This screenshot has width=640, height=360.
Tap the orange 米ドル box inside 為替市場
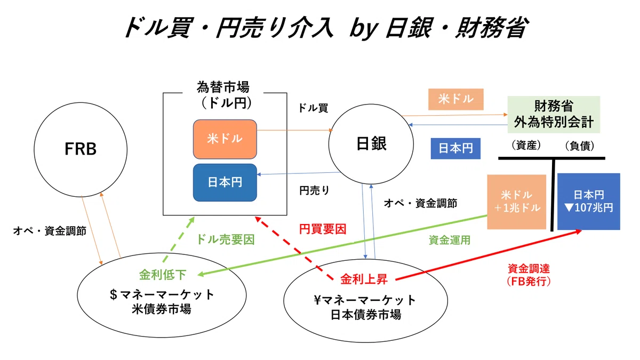pyautogui.click(x=225, y=139)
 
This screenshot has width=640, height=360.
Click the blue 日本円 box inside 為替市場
pyautogui.click(x=225, y=182)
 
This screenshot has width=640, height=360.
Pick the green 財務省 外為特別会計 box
pyautogui.click(x=554, y=114)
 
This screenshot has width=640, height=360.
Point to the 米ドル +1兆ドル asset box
pyautogui.click(x=517, y=202)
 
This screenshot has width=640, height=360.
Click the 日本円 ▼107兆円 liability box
pyautogui.click(x=589, y=202)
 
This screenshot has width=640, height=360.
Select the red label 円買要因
pyautogui.click(x=323, y=229)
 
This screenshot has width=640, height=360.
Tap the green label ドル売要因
pyautogui.click(x=226, y=239)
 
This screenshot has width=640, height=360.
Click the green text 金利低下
pyautogui.click(x=163, y=275)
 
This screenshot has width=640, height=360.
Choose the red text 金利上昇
pyautogui.click(x=364, y=279)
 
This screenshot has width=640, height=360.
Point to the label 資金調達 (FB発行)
pyautogui.click(x=529, y=275)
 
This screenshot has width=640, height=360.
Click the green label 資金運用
pyautogui.click(x=450, y=240)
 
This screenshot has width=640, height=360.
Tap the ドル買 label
pyautogui.click(x=313, y=108)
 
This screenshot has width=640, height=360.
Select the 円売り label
pyautogui.click(x=314, y=190)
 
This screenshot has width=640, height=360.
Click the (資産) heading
pyautogui.click(x=526, y=146)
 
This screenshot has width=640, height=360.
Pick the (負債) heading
pyautogui.click(x=580, y=146)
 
